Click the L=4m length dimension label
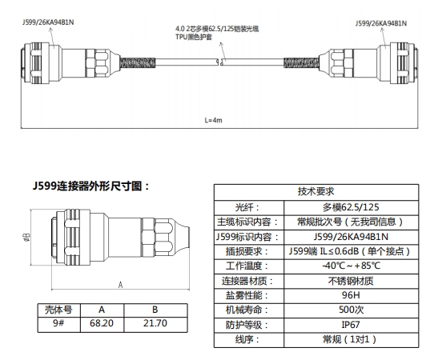point(213,120)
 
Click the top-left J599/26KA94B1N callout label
point(48,22)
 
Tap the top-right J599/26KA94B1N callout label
point(381,23)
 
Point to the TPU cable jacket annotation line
point(194,37)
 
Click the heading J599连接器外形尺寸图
point(91,186)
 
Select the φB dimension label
point(27,237)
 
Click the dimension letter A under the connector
point(120,286)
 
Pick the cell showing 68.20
point(102,323)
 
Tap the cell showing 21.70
point(155,323)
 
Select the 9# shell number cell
point(58,323)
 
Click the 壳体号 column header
point(58,310)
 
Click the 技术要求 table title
point(316,191)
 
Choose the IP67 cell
point(351,325)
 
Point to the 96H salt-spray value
point(351,295)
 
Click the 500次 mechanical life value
point(351,310)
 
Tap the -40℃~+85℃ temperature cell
point(351,266)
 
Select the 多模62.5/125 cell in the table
point(351,207)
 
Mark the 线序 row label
point(247,340)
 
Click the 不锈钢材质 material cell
point(351,281)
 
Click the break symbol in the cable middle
point(220,62)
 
